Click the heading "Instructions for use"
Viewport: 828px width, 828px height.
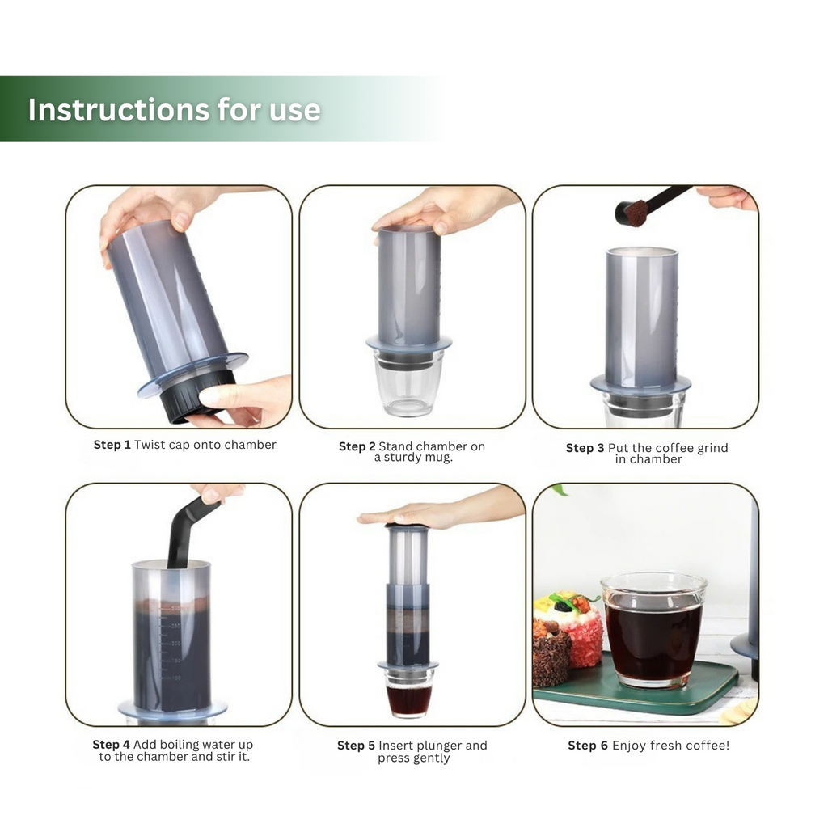click(174, 110)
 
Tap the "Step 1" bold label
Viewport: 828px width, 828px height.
click(112, 445)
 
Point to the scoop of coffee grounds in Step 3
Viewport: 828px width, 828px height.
click(632, 213)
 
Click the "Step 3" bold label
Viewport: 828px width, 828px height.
click(585, 448)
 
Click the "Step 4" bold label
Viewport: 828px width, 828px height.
click(111, 745)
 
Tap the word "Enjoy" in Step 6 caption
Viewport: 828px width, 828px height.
click(629, 746)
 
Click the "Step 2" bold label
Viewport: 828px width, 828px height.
click(357, 446)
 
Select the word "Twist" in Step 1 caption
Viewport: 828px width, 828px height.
click(150, 445)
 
